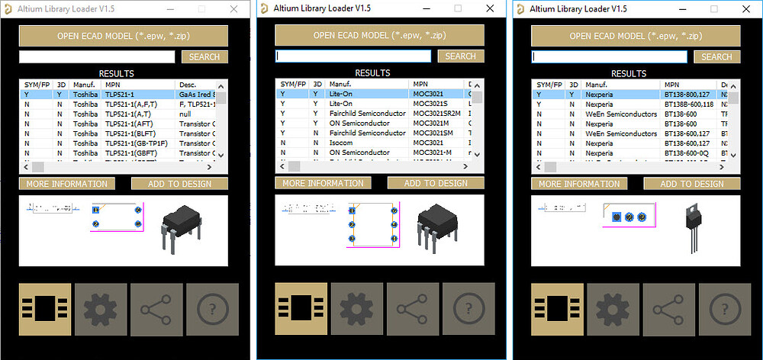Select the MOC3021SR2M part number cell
tap(436, 114)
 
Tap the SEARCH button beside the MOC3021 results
tap(460, 56)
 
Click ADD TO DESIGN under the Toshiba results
tap(179, 184)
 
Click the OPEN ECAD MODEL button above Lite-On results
tap(379, 35)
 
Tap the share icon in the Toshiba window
tap(156, 309)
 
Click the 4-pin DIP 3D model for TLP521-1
tap(182, 227)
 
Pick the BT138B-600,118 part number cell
tap(689, 104)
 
